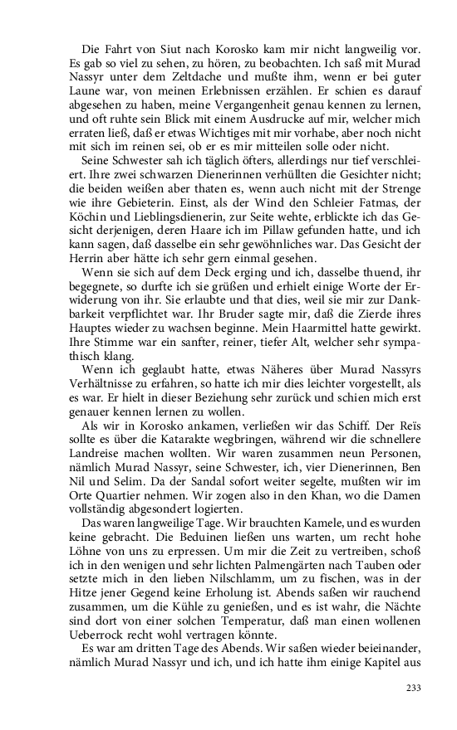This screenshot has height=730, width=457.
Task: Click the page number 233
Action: pos(415,687)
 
